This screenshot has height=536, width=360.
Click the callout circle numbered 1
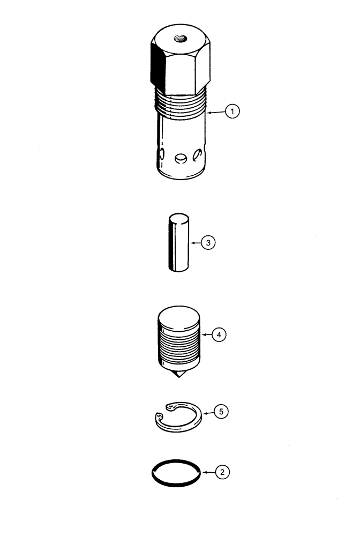click(x=231, y=113)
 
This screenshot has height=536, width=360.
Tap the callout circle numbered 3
click(x=209, y=243)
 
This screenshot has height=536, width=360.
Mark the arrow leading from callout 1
click(x=215, y=113)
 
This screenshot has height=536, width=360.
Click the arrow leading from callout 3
click(x=195, y=243)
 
